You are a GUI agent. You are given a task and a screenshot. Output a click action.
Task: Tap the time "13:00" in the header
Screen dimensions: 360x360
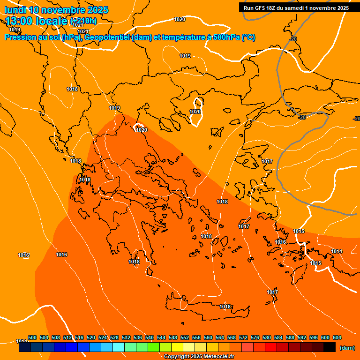pos(19,21)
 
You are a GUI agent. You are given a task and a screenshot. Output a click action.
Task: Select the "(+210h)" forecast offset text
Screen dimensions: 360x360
pos(83,21)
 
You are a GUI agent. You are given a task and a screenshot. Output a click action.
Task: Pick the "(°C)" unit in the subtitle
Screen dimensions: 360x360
pos(248,37)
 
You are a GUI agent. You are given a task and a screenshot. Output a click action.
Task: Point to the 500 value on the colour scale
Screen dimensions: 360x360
pos(32,337)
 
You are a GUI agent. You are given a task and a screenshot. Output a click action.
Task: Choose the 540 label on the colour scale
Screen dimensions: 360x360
pos(150,337)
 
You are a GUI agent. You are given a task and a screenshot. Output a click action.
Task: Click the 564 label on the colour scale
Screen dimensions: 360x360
pos(220,337)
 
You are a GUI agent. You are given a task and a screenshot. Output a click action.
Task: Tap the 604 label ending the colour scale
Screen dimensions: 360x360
pos(337,337)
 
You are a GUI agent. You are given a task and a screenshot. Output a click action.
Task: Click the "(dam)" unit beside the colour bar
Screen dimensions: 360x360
pos(347,348)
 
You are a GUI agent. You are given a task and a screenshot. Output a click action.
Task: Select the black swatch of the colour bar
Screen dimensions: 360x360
pos(330,347)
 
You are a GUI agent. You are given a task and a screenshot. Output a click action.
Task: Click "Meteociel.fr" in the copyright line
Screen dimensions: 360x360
pos(218,357)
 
